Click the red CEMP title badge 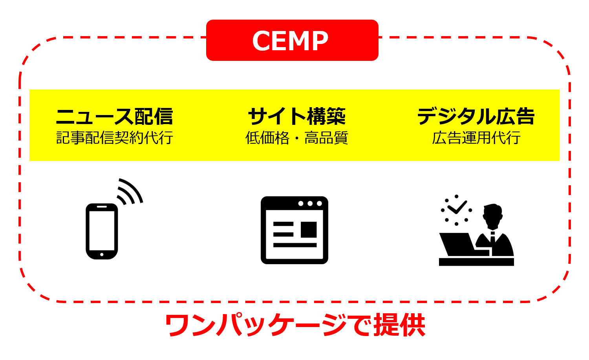click(292, 40)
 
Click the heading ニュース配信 click(114, 116)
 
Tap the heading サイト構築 click(296, 116)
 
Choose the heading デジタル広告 click(476, 116)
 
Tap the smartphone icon click(102, 231)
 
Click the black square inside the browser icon click(309, 230)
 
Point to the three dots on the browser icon click(310, 203)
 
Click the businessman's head click(493, 215)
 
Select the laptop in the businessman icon click(457, 244)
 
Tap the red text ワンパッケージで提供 click(295, 325)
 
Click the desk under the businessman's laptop click(476, 262)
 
